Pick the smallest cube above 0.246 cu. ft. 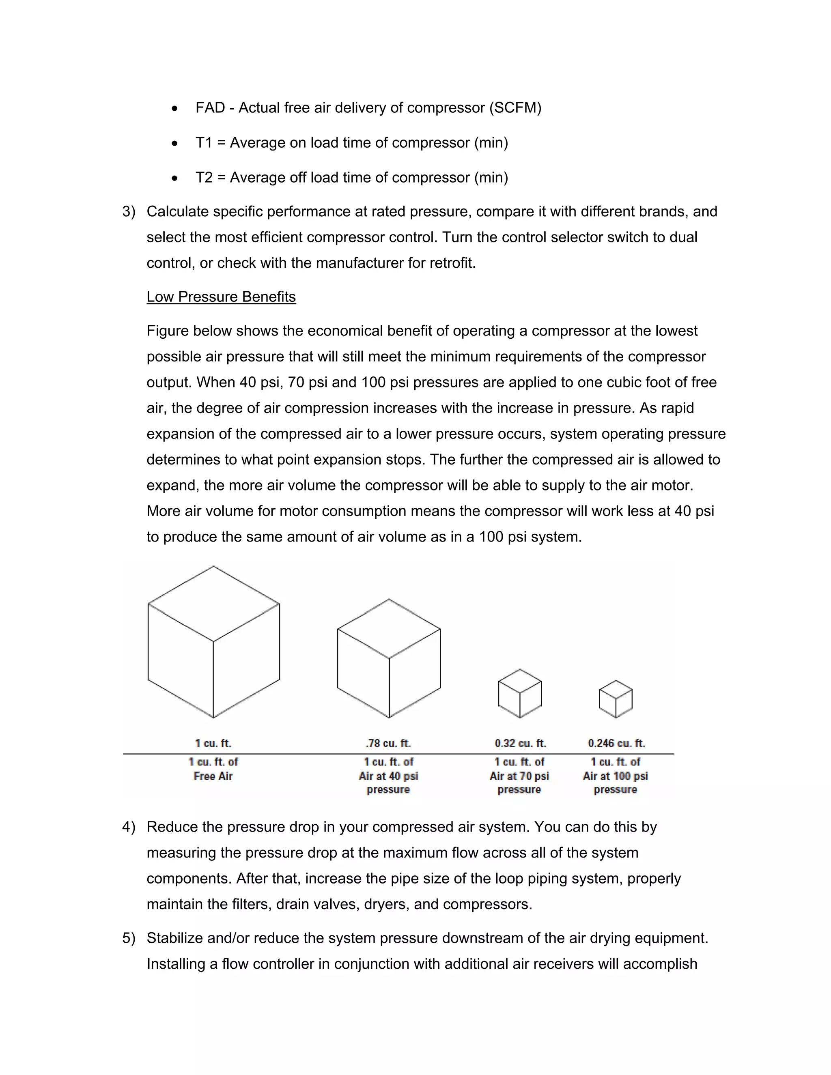click(x=616, y=699)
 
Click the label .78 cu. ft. click(x=388, y=743)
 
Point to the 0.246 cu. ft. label click(x=616, y=743)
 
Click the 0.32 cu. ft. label click(x=520, y=743)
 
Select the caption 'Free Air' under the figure click(x=213, y=776)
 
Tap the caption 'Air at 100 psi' click(x=616, y=776)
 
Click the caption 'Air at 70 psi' click(x=519, y=776)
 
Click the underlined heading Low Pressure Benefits click(x=221, y=297)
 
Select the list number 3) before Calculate click(x=129, y=212)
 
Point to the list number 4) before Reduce click(x=129, y=827)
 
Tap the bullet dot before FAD click(x=175, y=108)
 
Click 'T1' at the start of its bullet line click(x=204, y=143)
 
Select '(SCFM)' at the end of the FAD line click(x=515, y=108)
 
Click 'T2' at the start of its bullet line click(x=204, y=178)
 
